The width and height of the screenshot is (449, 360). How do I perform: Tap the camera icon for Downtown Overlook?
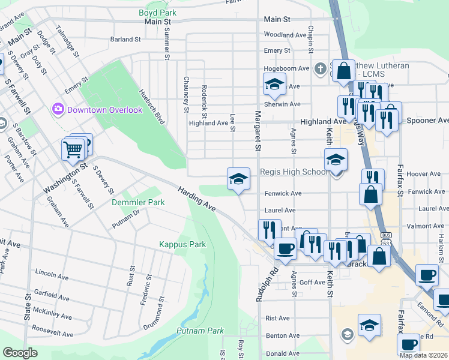click(58, 109)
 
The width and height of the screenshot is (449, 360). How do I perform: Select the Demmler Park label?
click(138, 203)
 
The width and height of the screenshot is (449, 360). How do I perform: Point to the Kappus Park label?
click(182, 244)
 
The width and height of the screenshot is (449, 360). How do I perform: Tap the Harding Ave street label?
click(196, 199)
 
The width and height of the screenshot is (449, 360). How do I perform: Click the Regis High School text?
click(294, 172)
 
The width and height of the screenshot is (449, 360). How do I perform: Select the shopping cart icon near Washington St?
click(73, 149)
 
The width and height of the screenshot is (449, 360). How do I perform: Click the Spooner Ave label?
click(428, 121)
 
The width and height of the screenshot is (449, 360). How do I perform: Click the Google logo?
click(20, 352)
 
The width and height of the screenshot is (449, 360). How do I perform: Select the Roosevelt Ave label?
click(52, 329)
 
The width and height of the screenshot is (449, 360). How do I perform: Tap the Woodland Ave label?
click(286, 35)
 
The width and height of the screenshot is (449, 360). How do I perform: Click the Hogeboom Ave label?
click(286, 69)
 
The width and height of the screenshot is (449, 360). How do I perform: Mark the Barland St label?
click(125, 40)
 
